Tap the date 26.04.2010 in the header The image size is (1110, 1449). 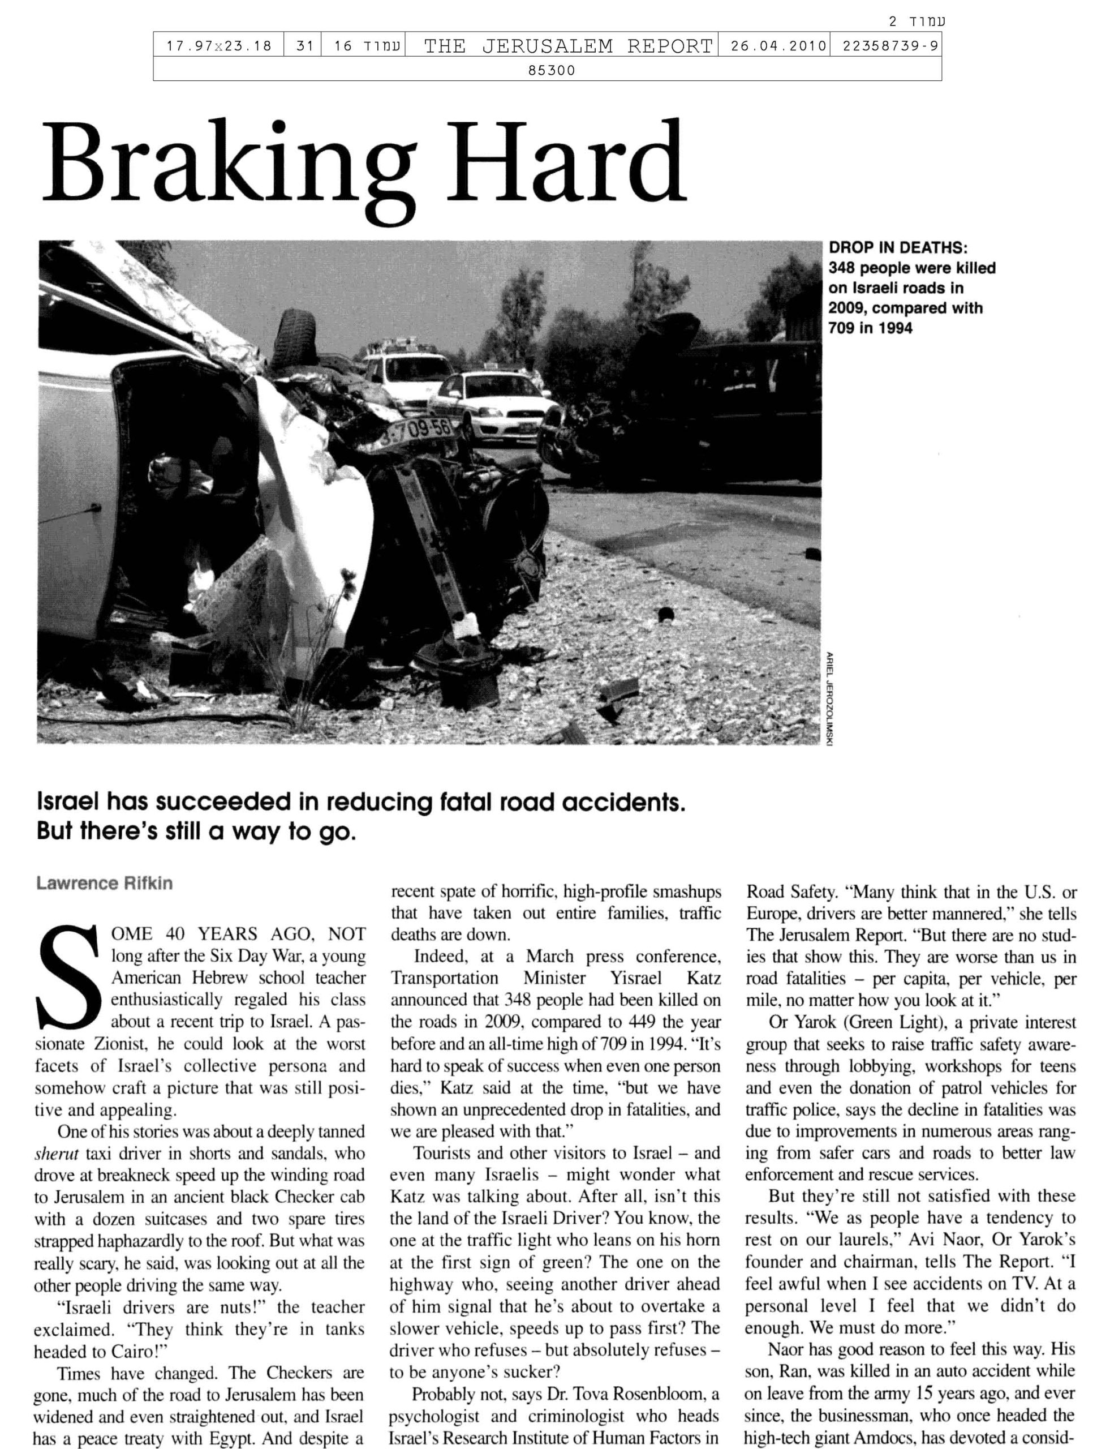pyautogui.click(x=774, y=46)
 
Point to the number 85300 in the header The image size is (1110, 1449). pyautogui.click(x=552, y=70)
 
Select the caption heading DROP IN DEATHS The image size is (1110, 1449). pyautogui.click(x=897, y=248)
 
